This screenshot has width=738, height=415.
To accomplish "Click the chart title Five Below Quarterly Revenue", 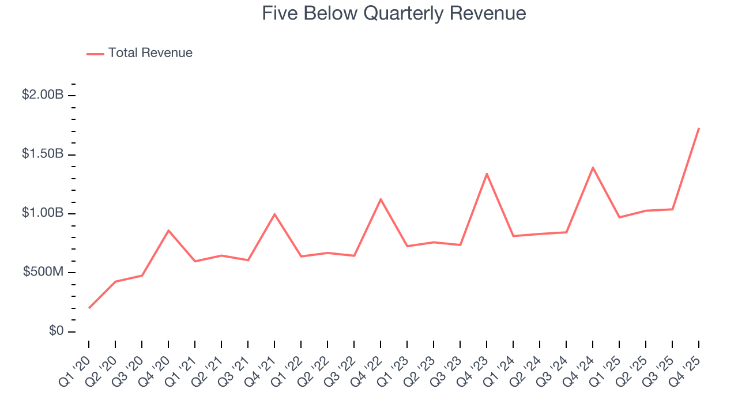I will point(394,13).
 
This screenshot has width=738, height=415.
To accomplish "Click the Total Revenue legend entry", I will point(140,53).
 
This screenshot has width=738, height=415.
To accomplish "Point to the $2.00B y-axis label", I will point(43,95).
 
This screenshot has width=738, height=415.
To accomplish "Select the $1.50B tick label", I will point(43,154).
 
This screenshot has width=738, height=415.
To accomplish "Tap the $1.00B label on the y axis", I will point(43,213).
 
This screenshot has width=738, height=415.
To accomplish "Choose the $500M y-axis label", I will point(43,272).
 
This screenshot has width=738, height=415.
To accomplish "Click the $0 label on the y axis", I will point(55,331).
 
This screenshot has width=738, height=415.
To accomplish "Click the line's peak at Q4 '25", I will point(699,128).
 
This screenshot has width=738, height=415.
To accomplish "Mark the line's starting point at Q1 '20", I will point(89,308).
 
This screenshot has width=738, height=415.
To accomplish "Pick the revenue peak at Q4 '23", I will point(487,173).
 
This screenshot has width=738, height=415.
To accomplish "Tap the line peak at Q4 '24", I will point(593,168).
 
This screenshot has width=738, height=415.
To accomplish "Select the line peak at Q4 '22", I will point(381,199).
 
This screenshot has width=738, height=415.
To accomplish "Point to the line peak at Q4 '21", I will point(274,214).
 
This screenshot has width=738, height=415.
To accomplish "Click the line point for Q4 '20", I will point(168,231).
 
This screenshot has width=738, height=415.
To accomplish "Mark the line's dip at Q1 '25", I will point(619,217).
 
